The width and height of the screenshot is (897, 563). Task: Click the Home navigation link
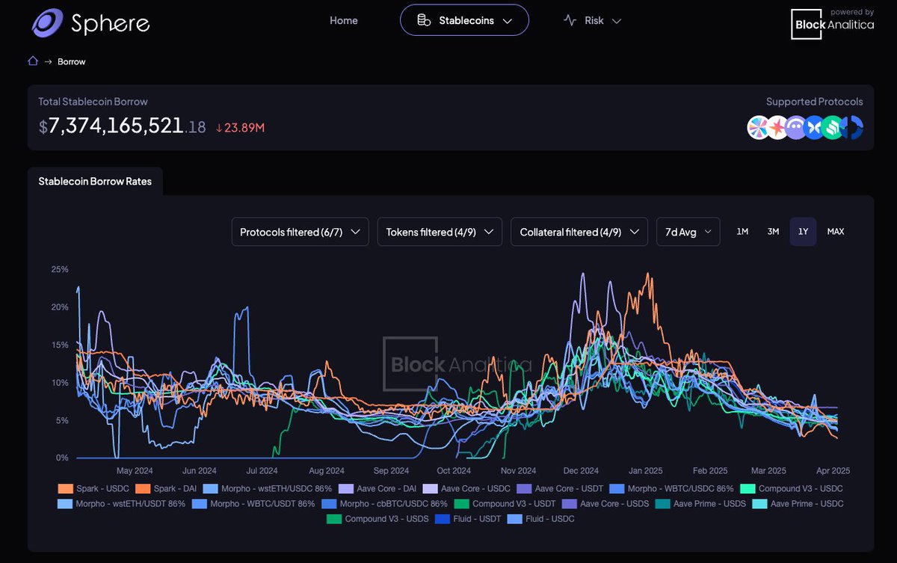(344, 20)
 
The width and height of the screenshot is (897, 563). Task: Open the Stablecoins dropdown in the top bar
(464, 20)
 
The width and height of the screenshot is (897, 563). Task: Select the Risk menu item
(592, 20)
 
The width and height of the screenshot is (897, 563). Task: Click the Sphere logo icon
(47, 23)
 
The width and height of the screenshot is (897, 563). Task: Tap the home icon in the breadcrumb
(33, 61)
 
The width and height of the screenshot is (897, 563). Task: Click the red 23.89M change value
(240, 128)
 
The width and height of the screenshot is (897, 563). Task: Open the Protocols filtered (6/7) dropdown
(300, 232)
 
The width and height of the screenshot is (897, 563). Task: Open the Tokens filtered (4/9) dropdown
(440, 232)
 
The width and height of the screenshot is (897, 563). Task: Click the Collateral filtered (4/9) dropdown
(579, 232)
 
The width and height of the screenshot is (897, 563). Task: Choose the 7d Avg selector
(688, 232)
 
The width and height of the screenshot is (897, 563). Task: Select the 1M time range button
(742, 232)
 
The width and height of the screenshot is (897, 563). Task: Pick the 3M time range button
(773, 232)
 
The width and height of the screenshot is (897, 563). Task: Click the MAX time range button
(836, 232)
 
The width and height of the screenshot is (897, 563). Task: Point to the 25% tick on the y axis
(60, 269)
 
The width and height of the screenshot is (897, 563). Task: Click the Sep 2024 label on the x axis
(391, 470)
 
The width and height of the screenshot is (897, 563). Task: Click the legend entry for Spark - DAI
(166, 488)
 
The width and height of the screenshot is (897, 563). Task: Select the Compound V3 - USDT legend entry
(505, 504)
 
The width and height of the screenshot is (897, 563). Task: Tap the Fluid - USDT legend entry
(468, 519)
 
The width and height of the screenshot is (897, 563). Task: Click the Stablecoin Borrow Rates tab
(95, 182)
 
